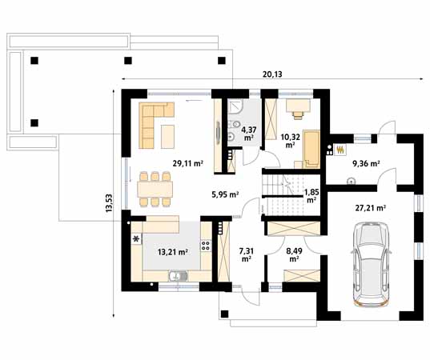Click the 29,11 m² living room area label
(x=188, y=163)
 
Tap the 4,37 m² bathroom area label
(x=249, y=133)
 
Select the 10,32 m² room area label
(x=291, y=140)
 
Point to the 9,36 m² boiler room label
(x=366, y=163)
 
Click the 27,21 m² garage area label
(x=371, y=208)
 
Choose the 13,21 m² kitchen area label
(x=173, y=251)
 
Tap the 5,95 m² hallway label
(x=225, y=194)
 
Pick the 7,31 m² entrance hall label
(x=247, y=254)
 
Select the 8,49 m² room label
(x=294, y=254)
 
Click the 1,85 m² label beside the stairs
(x=311, y=196)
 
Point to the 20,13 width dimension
(x=272, y=74)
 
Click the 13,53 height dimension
(x=109, y=203)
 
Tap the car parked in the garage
(x=372, y=265)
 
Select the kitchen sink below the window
(x=178, y=276)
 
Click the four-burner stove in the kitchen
(x=206, y=246)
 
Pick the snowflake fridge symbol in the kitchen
(x=136, y=239)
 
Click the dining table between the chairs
(x=155, y=190)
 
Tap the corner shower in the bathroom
(x=235, y=106)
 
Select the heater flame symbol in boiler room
(x=340, y=150)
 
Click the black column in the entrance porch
(x=224, y=314)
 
